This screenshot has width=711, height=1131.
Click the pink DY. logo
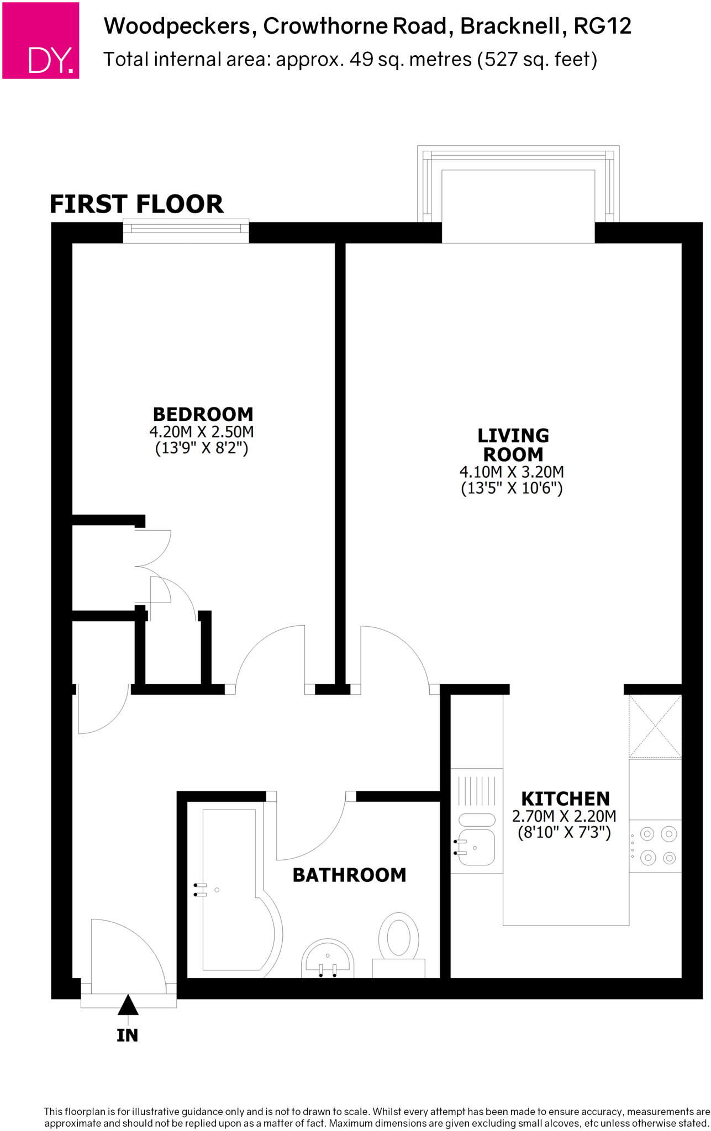click(x=41, y=41)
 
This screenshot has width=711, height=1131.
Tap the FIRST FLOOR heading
click(x=136, y=204)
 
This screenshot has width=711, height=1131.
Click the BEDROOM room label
click(x=203, y=414)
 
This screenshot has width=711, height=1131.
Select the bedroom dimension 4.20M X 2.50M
click(x=202, y=432)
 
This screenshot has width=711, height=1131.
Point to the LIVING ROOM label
click(x=513, y=445)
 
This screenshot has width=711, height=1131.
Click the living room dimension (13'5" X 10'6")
click(x=512, y=488)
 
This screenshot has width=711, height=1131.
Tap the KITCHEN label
click(x=565, y=799)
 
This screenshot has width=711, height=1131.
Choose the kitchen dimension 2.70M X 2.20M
click(x=564, y=816)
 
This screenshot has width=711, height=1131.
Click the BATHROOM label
click(x=349, y=875)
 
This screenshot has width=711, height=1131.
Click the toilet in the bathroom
click(x=398, y=939)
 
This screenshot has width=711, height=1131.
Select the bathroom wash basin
click(x=328, y=958)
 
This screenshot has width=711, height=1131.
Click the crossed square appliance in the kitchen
click(x=655, y=726)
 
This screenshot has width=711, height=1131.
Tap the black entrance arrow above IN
click(x=128, y=1005)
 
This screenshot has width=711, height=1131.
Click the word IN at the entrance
click(x=128, y=1035)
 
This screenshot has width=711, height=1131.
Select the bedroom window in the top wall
click(x=186, y=231)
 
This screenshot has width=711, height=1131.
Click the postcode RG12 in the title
click(x=602, y=26)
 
